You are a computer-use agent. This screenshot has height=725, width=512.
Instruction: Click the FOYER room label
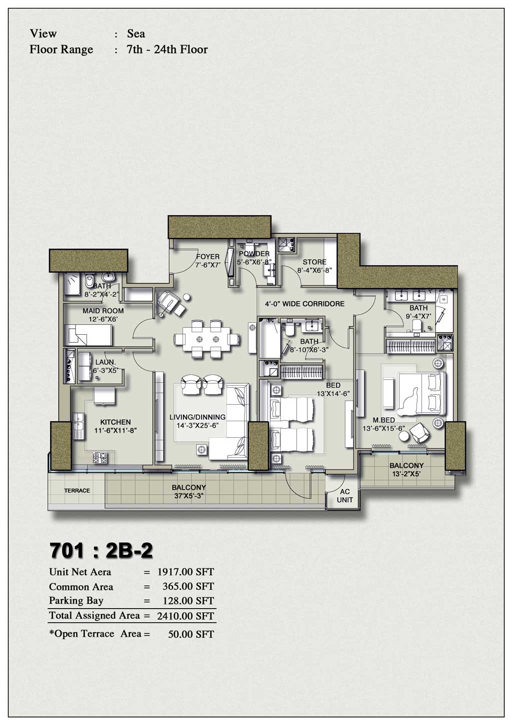[x=207, y=257]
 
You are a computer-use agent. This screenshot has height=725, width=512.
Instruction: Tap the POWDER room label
[x=254, y=254]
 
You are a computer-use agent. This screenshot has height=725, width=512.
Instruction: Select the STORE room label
[x=314, y=262]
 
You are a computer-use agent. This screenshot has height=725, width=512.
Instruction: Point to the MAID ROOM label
[x=103, y=311]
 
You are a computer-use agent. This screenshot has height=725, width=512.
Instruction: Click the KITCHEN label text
[x=115, y=422]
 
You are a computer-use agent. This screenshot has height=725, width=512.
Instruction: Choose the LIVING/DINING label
[x=197, y=417]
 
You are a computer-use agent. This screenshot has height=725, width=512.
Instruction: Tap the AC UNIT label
[x=345, y=496]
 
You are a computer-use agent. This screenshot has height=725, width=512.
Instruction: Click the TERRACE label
[x=77, y=491]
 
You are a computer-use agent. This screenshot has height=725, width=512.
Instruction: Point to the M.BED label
[x=384, y=420]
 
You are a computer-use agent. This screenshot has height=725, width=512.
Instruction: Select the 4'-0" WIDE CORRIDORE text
[x=304, y=304]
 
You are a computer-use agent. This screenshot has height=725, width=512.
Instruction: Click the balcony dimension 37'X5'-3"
[x=188, y=496]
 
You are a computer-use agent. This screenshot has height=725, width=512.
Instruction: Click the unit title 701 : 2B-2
[x=101, y=551]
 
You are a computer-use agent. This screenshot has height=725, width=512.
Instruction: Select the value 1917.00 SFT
[x=185, y=572]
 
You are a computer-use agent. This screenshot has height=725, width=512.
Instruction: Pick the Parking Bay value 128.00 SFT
[x=188, y=601]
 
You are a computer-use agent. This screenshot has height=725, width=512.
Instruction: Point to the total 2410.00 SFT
[x=185, y=616]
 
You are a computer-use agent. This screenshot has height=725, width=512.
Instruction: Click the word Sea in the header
[x=136, y=33]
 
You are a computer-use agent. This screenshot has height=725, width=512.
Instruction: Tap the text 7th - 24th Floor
[x=167, y=49]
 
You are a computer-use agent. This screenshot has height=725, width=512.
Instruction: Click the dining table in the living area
[x=207, y=339]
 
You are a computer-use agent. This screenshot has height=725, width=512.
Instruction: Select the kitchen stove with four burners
[x=100, y=457]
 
